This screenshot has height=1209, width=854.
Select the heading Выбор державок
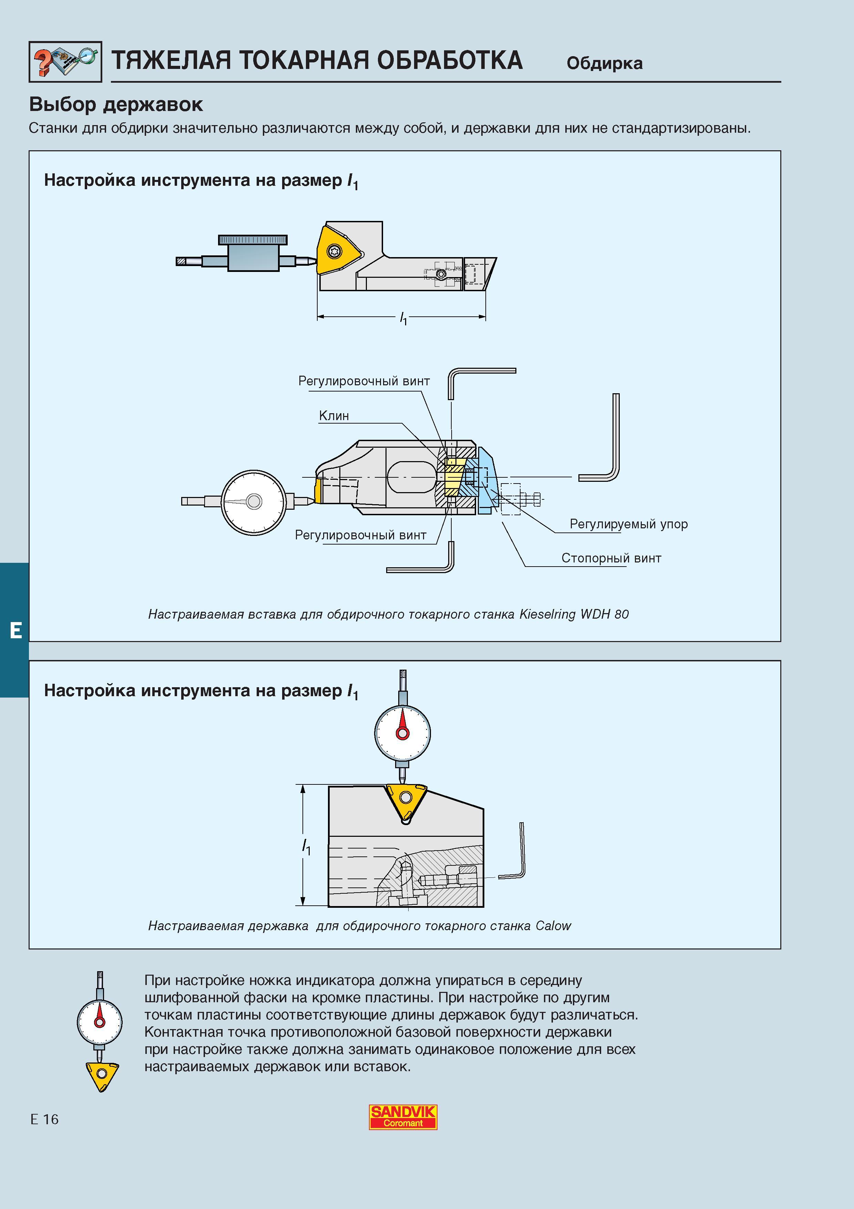pos(116,104)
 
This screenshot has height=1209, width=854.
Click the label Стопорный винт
pos(611,558)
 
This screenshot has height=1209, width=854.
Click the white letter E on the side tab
pos(16,630)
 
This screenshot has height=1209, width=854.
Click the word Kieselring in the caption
pos(547,614)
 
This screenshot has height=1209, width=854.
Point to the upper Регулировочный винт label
pos(364,381)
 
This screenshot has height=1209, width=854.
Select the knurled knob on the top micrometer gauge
pos(253,240)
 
